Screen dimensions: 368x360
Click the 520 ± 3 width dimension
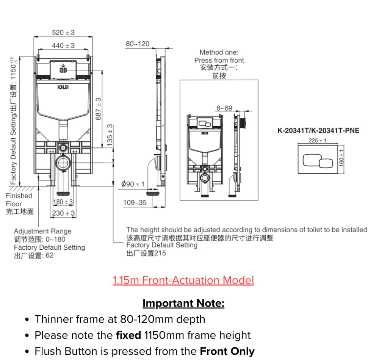tap(63, 32)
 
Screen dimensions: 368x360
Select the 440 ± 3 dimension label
tap(63, 45)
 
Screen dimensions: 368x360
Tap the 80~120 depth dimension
tap(138, 44)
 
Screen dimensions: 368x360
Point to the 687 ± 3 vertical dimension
tap(98, 109)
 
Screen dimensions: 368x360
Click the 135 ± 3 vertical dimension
tap(110, 135)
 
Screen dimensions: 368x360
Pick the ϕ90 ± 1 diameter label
tap(133, 184)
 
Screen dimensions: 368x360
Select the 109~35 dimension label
tap(135, 202)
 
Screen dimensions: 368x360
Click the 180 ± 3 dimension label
tap(63, 202)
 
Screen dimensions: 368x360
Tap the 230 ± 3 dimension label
tap(63, 213)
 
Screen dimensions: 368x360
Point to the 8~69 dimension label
tap(224, 108)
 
